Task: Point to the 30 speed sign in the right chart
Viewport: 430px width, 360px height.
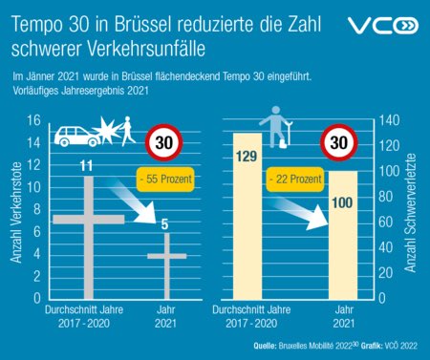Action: tap(338, 144)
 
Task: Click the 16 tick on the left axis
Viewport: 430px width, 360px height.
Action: tap(32, 120)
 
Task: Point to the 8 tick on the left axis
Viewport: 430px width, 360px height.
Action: tap(35, 209)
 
